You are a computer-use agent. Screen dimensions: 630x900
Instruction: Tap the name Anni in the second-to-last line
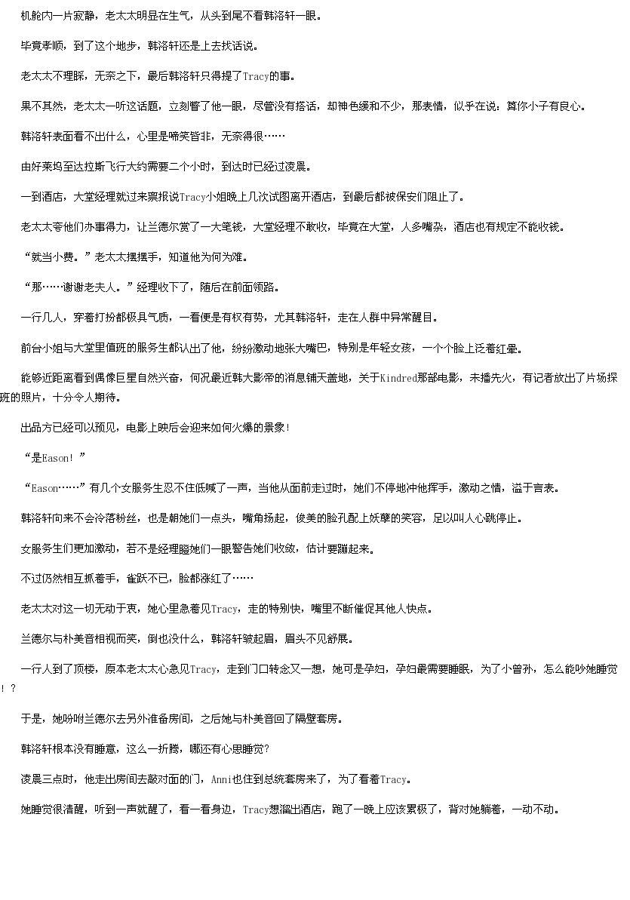point(221,779)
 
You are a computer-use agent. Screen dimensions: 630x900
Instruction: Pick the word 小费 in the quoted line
point(63,257)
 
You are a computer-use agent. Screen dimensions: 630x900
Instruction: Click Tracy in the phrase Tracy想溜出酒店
point(256,810)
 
